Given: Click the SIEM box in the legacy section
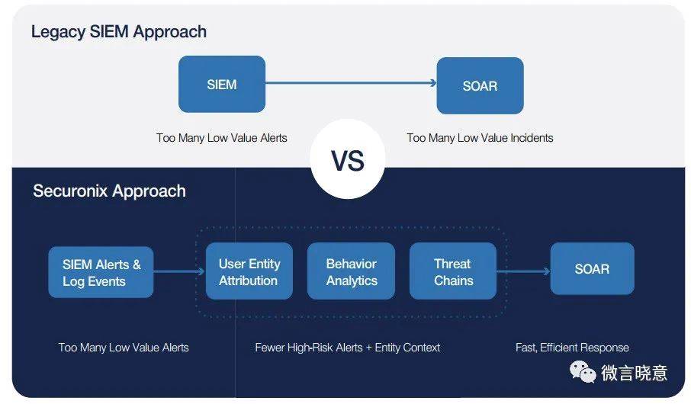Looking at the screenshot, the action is [x=222, y=84].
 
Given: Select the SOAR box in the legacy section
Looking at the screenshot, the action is [x=480, y=85].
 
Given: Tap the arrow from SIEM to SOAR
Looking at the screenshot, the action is [x=351, y=83].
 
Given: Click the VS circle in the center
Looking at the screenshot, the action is [x=348, y=159].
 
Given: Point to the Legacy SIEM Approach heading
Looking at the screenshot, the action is [x=119, y=32].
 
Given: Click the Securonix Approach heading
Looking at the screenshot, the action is [x=109, y=191].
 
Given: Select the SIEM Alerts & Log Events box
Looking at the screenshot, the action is [x=101, y=272].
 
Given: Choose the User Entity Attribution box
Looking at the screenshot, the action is [x=249, y=271].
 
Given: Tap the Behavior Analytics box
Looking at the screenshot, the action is [x=352, y=271].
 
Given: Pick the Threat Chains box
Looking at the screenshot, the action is [x=453, y=271].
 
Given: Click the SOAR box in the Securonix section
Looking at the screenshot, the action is [x=593, y=269].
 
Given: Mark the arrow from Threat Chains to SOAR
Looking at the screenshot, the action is [x=523, y=271].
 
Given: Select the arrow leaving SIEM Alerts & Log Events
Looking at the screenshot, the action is [x=179, y=271].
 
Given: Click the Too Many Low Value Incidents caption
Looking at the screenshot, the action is [x=480, y=138].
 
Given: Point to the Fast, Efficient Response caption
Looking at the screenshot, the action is [x=572, y=348].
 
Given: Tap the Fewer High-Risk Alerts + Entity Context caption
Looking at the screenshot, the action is [x=347, y=348].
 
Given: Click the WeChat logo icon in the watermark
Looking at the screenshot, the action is [x=583, y=372].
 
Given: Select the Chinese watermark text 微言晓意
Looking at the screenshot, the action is [x=634, y=373].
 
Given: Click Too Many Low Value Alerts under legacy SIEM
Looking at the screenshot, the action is [x=222, y=138].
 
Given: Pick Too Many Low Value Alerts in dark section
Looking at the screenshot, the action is [x=124, y=348].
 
